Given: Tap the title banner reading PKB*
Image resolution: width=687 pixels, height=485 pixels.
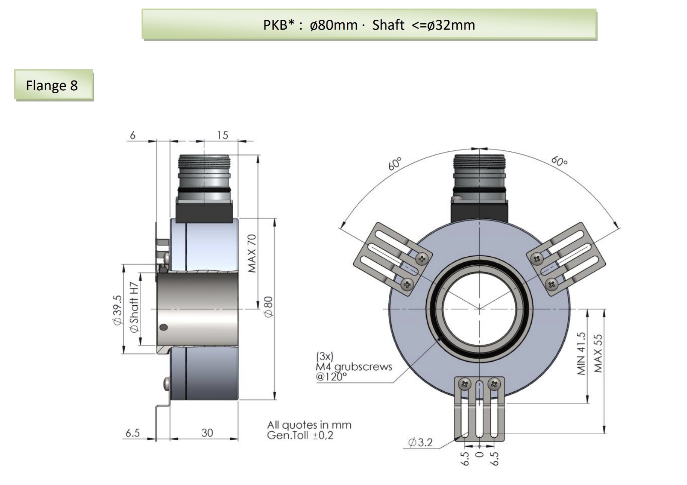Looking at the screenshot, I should (369, 25).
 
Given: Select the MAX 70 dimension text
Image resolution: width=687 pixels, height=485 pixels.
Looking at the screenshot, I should (252, 253).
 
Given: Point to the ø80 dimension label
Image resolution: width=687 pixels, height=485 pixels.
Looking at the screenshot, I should (268, 307).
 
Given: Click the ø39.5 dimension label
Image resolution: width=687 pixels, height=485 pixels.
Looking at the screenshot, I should (117, 310).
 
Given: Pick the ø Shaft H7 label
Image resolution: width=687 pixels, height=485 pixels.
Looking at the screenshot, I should (134, 307).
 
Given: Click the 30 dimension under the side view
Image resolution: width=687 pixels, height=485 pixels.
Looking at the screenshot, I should (207, 433).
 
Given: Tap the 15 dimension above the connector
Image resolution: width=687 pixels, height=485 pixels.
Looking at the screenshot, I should (222, 135).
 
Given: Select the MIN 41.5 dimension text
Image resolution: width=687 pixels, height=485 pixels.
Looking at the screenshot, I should (581, 353).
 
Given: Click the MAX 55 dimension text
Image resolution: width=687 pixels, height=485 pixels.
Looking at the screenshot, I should (598, 353).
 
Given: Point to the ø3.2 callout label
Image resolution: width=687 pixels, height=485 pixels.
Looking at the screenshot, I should (420, 442).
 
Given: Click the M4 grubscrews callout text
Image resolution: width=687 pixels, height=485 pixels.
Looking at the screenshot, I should (354, 367).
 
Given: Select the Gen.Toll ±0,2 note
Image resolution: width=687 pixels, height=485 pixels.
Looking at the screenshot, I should (300, 435).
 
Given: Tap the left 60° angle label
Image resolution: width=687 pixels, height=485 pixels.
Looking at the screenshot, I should (394, 164).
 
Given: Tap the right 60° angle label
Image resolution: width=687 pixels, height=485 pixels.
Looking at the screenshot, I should (559, 161).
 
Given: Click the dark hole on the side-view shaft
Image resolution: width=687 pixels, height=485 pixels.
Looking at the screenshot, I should (163, 327).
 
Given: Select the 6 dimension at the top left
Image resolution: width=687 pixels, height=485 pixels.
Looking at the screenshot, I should (132, 135).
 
